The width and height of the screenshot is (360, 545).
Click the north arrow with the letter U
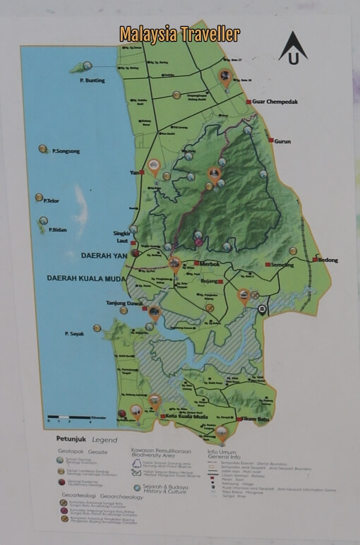pyautogui.click(x=292, y=49)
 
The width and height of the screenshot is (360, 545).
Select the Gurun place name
pyautogui.click(x=282, y=141)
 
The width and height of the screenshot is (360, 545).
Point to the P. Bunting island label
pyautogui.click(x=92, y=80)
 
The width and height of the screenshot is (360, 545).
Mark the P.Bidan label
pyautogui.click(x=56, y=229)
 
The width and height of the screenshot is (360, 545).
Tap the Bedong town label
pyautogui.click(x=328, y=260)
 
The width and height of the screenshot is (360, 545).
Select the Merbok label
pyautogui.click(x=211, y=264)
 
